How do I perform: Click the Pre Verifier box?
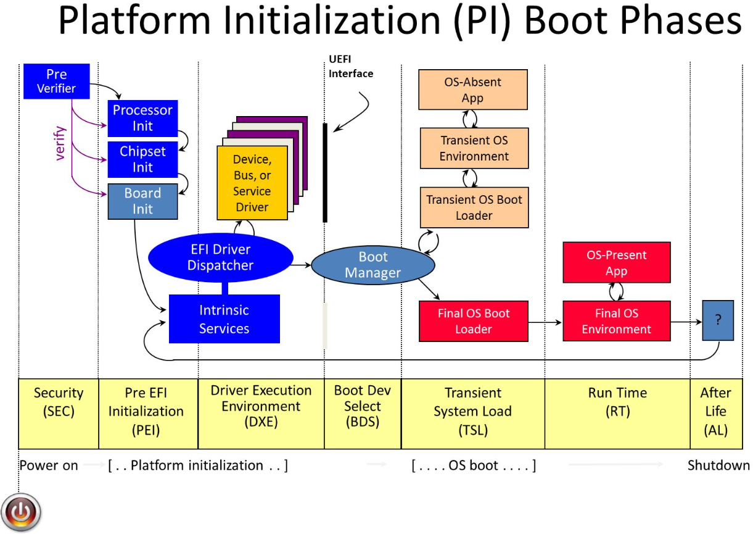coord(56,81)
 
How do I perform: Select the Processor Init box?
coord(142,118)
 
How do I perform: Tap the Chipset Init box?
coord(142,159)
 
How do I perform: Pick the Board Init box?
coord(142,201)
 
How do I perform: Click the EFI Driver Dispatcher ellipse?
coord(220,258)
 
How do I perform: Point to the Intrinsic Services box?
coord(224,319)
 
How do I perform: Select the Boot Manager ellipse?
coord(372,265)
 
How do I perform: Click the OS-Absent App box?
coord(473,90)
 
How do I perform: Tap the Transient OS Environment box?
coord(474,148)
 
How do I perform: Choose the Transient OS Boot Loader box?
coord(474,207)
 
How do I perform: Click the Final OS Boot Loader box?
coord(473,321)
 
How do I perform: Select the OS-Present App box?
coord(616,262)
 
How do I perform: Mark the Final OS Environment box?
coord(616,321)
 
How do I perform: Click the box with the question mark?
coord(718,320)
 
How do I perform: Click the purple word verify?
coord(60,143)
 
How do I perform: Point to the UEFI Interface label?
coord(351,67)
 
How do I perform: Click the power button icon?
coord(22,512)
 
